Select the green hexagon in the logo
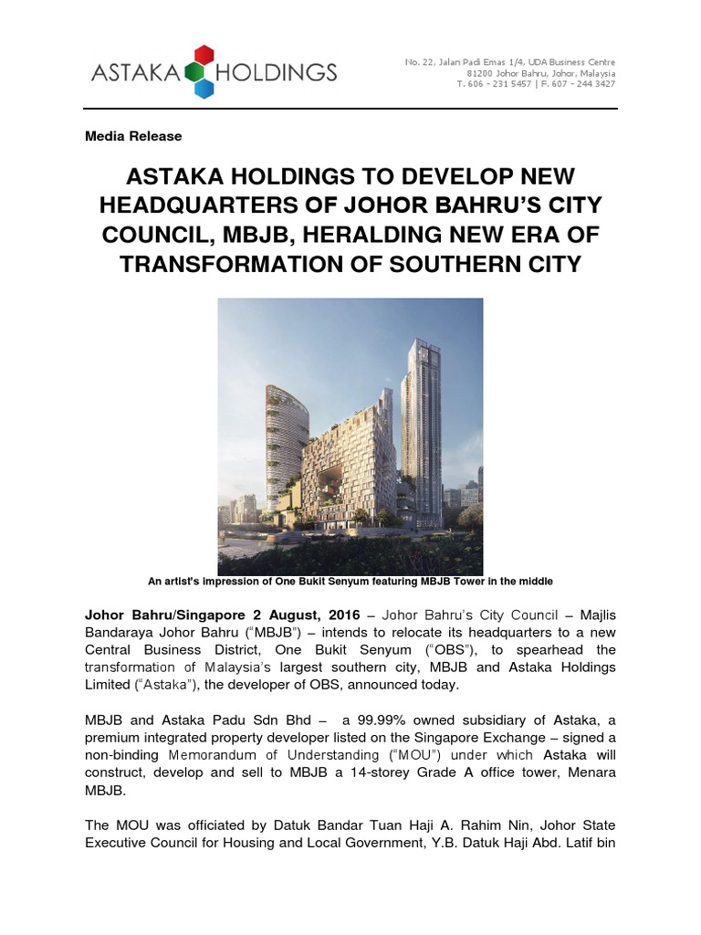coord(191,70)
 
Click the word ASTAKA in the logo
coord(135,71)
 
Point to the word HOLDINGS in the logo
coord(276,71)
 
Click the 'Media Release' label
coord(133,136)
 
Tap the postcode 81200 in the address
coord(481,73)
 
